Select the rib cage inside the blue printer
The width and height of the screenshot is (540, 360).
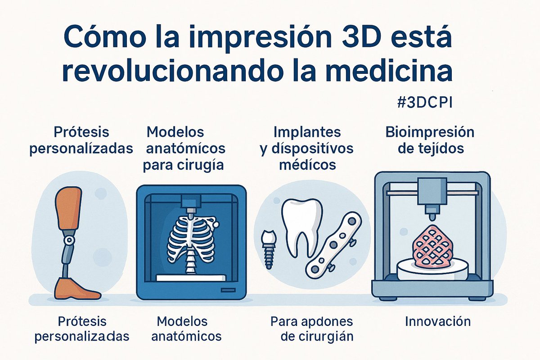tap(191, 238)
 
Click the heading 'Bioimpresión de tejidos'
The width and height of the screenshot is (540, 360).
tap(430, 140)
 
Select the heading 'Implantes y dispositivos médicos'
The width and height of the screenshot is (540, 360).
tap(307, 148)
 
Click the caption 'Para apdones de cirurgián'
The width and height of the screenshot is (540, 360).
tap(312, 329)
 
